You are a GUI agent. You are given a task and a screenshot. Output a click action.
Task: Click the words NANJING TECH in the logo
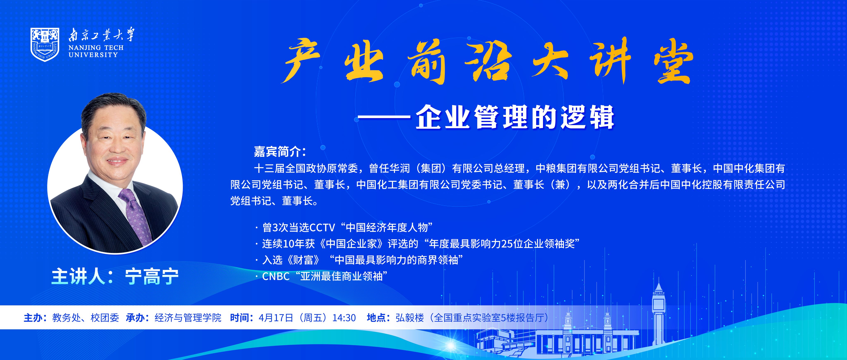click(96, 48)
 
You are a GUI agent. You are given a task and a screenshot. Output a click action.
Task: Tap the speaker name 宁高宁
click(152, 277)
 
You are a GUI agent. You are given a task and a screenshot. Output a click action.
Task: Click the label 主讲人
click(78, 277)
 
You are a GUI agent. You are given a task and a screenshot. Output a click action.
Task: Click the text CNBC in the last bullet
click(275, 276)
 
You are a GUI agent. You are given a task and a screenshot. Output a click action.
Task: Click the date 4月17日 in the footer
click(275, 318)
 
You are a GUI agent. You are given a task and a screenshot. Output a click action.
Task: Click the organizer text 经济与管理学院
click(188, 318)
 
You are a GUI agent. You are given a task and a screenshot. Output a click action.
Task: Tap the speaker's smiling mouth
click(117, 161)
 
